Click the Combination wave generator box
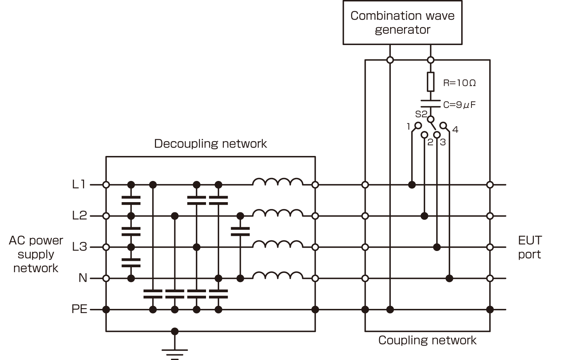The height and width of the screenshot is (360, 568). pos(402,23)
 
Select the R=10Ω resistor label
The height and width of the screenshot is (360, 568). pos(459,83)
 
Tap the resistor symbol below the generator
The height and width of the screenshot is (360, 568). pos(431,82)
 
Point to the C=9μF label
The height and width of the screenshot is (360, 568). pos(459,105)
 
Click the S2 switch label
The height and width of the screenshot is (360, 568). pos(421,114)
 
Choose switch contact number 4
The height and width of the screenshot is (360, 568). pos(443,126)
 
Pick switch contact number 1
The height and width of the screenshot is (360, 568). pos(418,125)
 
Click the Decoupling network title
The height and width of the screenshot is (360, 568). pos(210,144)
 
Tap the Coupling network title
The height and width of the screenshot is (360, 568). pos(427,340)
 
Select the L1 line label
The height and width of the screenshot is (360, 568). pos(79,184)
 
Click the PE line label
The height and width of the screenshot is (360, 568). pos(80,309)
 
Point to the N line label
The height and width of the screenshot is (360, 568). pos(83,278)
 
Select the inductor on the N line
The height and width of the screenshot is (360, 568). pos(278,276)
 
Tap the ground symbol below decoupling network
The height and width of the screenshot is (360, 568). pos(175,352)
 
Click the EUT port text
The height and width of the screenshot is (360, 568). pos(530,247)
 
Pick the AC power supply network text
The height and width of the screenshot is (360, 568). pos(36,254)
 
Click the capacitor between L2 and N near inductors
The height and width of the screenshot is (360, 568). pos(240,231)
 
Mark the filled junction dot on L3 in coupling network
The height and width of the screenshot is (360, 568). pos(437,247)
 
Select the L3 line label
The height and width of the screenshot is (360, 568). pos(80,247)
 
